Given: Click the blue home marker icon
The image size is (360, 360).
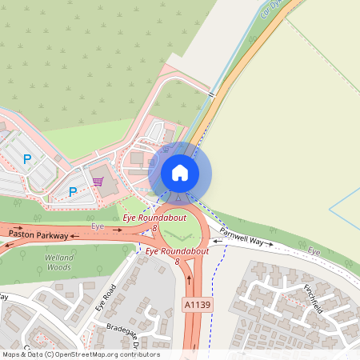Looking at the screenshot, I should click(179, 173).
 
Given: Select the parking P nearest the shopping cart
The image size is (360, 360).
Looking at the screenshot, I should click(73, 192).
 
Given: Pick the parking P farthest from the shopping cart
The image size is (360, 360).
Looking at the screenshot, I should click(26, 159).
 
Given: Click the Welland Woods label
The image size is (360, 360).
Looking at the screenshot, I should click(58, 262).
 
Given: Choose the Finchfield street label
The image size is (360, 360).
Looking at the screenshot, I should click(312, 298).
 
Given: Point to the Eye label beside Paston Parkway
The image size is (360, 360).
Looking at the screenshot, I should click(98, 227).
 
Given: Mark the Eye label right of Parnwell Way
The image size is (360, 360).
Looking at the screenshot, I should click(314, 252).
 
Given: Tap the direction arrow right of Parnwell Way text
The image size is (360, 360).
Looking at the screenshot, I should click(270, 242).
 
